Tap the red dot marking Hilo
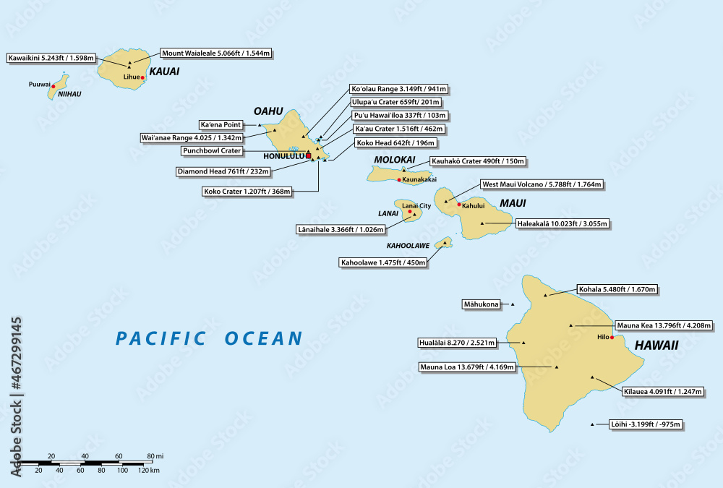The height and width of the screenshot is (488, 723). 612,338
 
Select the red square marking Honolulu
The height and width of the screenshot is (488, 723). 309,155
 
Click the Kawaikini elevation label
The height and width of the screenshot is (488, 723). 50,58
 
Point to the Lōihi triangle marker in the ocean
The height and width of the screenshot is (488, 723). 592,424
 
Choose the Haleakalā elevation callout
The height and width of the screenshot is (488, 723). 563,224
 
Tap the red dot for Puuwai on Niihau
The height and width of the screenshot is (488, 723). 53,86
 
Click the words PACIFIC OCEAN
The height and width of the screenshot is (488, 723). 209,338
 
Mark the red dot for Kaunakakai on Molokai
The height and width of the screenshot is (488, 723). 399,179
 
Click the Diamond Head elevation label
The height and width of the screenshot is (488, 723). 224,171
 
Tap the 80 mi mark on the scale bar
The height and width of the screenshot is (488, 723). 150,460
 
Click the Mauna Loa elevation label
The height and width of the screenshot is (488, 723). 467,367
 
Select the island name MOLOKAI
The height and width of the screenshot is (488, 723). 395,159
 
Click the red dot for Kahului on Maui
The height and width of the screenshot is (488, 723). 459,205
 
